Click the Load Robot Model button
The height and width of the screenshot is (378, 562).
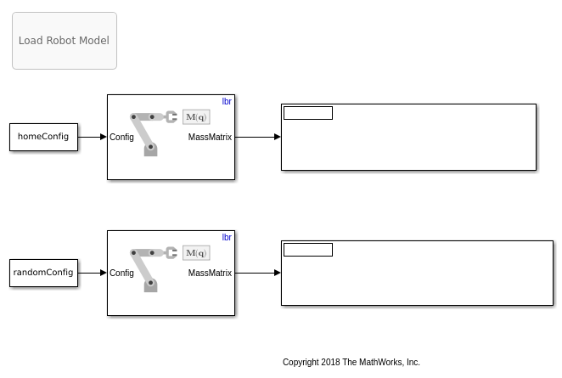point(65,41)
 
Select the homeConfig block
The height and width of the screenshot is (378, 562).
point(44,137)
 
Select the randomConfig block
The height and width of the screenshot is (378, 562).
point(44,273)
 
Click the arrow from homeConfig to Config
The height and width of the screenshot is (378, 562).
point(93,137)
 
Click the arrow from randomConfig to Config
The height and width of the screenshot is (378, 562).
point(93,273)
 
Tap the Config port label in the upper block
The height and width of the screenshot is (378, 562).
point(121,138)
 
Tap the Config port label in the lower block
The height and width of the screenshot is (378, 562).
point(121,274)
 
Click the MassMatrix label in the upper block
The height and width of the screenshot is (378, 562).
point(210,137)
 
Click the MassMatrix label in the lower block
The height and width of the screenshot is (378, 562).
point(210,273)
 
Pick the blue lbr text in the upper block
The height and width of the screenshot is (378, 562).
point(227,101)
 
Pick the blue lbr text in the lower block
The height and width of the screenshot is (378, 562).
point(227,237)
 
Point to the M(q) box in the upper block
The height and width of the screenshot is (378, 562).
point(196,117)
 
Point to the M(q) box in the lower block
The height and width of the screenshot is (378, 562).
point(196,253)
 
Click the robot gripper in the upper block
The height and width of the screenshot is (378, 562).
point(171,117)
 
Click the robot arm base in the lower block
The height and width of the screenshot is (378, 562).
point(150,285)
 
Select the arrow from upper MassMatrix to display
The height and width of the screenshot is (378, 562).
point(258,137)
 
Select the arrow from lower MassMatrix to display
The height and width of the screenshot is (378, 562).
point(258,273)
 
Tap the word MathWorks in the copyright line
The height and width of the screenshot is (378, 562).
point(379,362)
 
